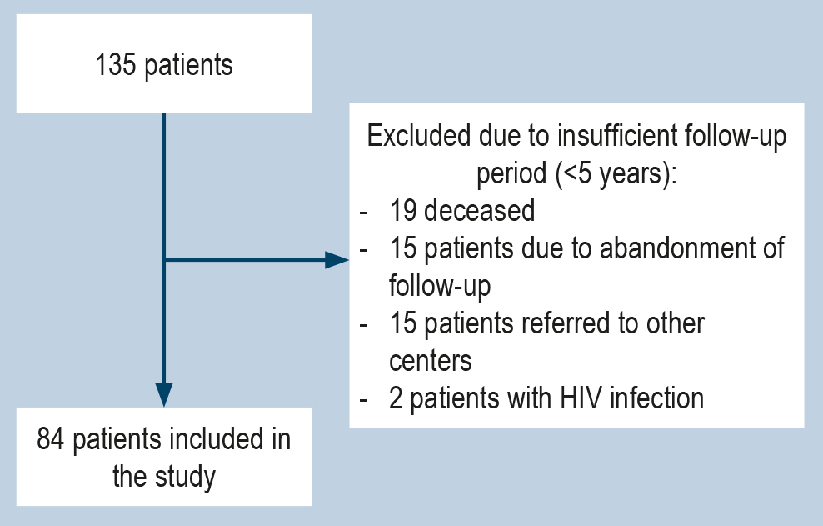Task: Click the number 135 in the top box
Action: coord(117,65)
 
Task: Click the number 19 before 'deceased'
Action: coord(402,211)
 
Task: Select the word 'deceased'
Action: coord(479,211)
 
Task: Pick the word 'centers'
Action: coord(431,361)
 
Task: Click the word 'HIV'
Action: coord(577,398)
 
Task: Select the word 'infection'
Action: coord(657,398)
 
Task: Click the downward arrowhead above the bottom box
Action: coord(164,394)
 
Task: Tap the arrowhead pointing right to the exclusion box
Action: coord(337,260)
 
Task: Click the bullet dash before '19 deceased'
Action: coord(363,212)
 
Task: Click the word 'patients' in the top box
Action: coord(189,65)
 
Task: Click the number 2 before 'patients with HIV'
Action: coord(396,398)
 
